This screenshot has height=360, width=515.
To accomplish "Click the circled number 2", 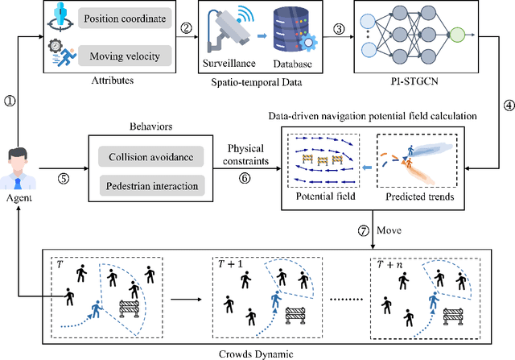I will coord(187,28).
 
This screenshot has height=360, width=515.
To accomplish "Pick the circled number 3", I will coord(339,28).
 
